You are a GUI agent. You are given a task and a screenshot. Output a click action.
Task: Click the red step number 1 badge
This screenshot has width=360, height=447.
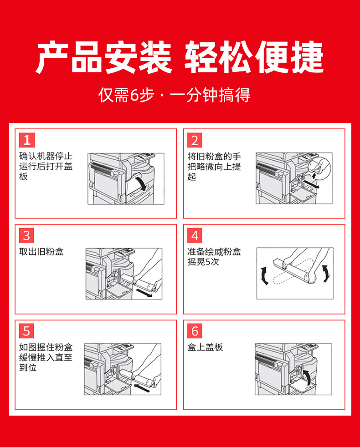point(27,140)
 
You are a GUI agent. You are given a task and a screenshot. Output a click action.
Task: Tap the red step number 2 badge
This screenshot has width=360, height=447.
point(195,140)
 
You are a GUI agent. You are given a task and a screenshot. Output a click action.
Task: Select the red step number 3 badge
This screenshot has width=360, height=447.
point(26,235)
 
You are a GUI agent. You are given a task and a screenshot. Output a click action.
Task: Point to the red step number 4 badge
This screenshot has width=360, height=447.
point(195,235)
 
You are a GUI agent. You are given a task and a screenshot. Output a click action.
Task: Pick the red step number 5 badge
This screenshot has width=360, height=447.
point(26,331)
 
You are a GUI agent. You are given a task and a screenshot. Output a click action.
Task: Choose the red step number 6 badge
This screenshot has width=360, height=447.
point(195,331)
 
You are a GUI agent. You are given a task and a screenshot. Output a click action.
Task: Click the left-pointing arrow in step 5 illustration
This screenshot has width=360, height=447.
point(142,387)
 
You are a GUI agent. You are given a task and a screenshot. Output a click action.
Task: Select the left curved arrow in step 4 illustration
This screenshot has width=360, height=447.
point(264,276)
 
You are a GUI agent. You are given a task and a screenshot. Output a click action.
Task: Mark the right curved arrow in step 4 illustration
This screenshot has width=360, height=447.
point(326,274)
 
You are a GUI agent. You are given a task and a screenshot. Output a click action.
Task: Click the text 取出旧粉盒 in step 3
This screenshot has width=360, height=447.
point(41,252)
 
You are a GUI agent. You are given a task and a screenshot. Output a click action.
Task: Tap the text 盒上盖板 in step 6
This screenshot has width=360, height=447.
point(205,347)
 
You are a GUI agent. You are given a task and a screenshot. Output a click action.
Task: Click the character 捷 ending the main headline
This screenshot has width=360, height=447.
point(307,57)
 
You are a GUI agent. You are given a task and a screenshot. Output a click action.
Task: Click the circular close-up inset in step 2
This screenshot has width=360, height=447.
point(319,168)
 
